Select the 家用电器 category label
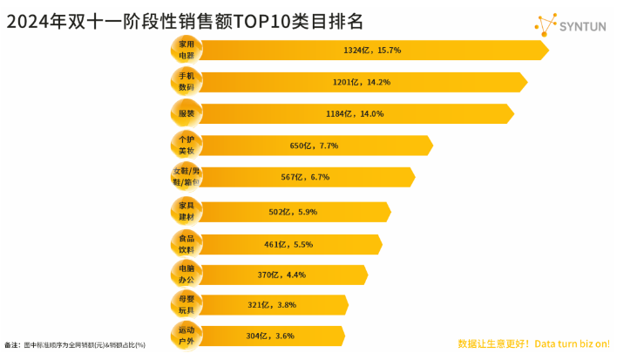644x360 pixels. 186,50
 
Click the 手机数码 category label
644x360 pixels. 186,82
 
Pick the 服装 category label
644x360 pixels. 186,113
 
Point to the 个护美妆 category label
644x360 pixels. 186,146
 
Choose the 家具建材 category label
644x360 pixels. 186,210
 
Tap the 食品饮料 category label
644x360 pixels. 186,242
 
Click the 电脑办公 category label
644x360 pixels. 186,274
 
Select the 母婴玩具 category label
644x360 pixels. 186,304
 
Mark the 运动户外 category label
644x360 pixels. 186,336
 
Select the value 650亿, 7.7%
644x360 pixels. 313,146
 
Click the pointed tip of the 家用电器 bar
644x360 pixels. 548,51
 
